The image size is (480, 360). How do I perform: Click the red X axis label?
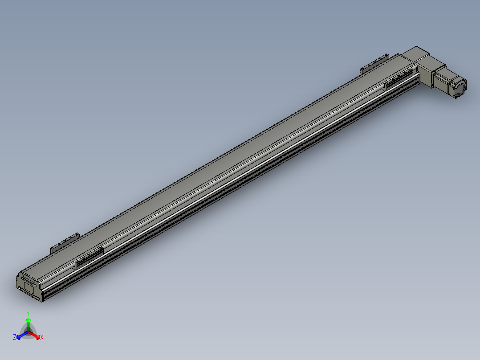[41, 338]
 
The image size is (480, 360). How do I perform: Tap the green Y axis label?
[28, 313]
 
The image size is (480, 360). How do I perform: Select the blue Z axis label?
[15, 338]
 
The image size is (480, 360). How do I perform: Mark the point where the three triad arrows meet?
[28, 332]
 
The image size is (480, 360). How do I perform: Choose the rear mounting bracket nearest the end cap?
[65, 241]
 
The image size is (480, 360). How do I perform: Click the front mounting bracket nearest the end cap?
[89, 257]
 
